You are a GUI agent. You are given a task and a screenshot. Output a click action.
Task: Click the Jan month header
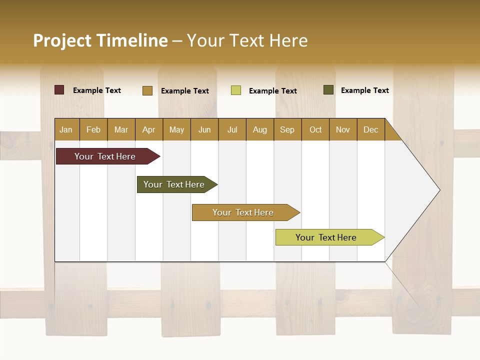pyautogui.click(x=66, y=129)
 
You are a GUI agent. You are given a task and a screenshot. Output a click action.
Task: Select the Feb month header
pyautogui.click(x=93, y=129)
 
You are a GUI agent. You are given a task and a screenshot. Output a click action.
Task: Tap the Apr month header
pyautogui.click(x=148, y=129)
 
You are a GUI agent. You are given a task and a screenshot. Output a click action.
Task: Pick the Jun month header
pyautogui.click(x=204, y=129)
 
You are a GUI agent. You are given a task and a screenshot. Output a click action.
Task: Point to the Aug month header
pyautogui.click(x=259, y=129)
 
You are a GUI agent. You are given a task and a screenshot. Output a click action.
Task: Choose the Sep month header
pyautogui.click(x=287, y=129)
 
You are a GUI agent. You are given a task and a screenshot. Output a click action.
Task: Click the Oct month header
pyautogui.click(x=315, y=129)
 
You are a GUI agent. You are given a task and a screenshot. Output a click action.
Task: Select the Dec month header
pyautogui.click(x=370, y=129)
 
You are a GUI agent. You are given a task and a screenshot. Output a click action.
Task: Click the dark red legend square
pyautogui.click(x=59, y=90)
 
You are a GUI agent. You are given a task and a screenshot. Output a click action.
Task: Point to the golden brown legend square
pyautogui.click(x=147, y=90)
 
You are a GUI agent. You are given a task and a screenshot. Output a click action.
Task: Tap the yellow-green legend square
pyautogui.click(x=236, y=90)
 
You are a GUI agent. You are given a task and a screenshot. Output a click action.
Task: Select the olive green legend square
pyautogui.click(x=328, y=90)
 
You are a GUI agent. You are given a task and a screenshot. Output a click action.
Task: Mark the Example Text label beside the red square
pyautogui.click(x=97, y=90)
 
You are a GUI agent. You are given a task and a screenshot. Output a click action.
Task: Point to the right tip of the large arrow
pyautogui.click(x=439, y=190)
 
